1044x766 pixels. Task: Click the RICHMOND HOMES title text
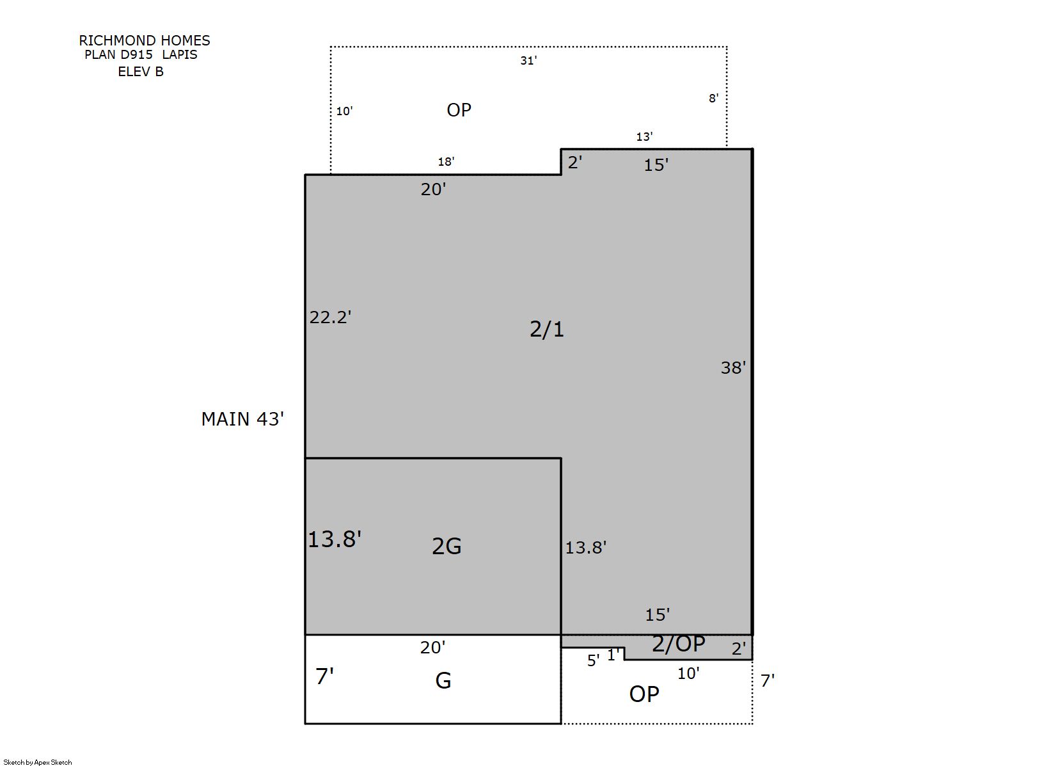(x=145, y=40)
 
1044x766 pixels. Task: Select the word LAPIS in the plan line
(x=179, y=54)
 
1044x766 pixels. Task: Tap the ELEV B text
(x=141, y=71)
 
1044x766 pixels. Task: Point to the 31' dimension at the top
(x=528, y=61)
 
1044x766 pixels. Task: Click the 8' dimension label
(x=713, y=98)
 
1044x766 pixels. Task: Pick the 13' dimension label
(x=645, y=136)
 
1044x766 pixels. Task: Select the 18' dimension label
(x=446, y=161)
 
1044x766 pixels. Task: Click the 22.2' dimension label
(x=331, y=317)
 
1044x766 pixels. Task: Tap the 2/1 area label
(x=547, y=329)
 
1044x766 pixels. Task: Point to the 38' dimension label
(x=733, y=367)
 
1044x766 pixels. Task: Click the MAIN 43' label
(x=243, y=419)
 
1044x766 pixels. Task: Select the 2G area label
(x=447, y=546)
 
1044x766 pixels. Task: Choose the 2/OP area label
(x=678, y=644)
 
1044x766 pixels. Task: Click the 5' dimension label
(x=593, y=660)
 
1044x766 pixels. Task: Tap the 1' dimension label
(x=613, y=655)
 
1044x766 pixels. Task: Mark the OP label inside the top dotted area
(x=459, y=110)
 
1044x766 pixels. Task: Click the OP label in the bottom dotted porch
(x=644, y=694)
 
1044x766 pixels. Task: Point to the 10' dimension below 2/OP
(x=688, y=673)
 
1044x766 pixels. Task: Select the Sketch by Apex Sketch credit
(x=38, y=762)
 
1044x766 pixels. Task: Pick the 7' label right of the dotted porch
(x=768, y=681)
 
